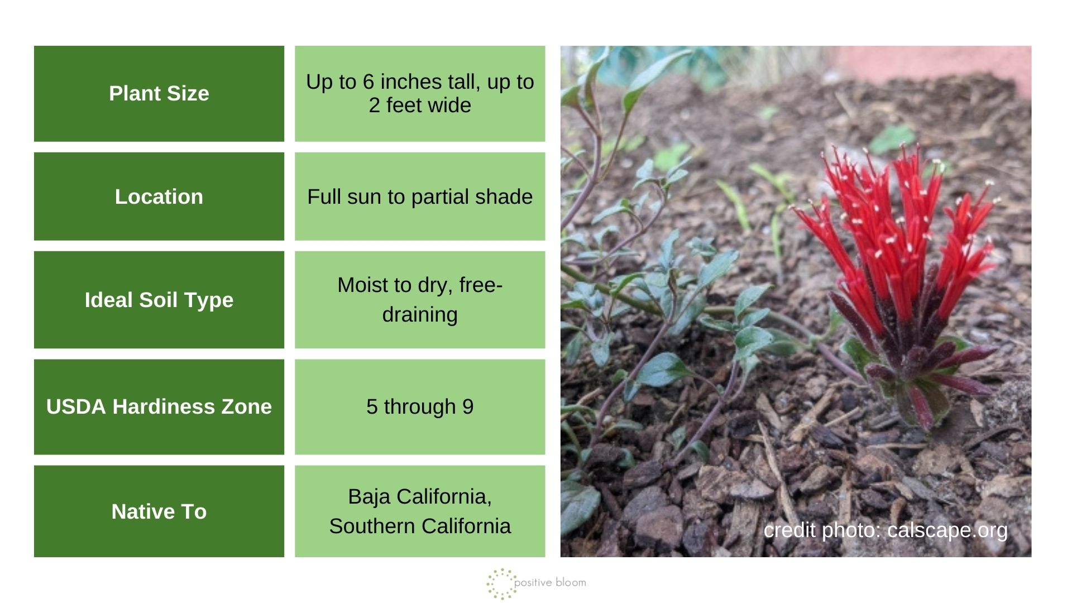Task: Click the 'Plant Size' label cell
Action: click(159, 93)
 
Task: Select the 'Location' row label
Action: click(159, 197)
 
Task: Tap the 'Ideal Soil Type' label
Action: click(159, 300)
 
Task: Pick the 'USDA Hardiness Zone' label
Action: click(159, 406)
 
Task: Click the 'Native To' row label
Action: click(159, 511)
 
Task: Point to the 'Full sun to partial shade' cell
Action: click(420, 197)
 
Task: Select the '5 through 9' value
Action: click(420, 406)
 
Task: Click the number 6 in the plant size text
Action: click(368, 82)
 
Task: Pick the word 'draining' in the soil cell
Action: click(420, 314)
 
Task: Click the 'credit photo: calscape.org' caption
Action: click(886, 530)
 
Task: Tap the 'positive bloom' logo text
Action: click(550, 582)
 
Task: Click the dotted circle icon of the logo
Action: click(500, 584)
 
